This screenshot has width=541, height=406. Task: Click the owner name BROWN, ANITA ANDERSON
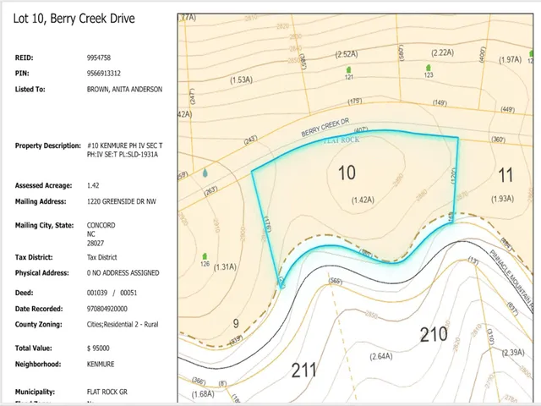124,89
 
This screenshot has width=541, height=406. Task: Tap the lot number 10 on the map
347,173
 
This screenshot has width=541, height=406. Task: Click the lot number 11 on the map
505,175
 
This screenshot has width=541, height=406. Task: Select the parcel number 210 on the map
433,335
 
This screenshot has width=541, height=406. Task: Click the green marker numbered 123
429,69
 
